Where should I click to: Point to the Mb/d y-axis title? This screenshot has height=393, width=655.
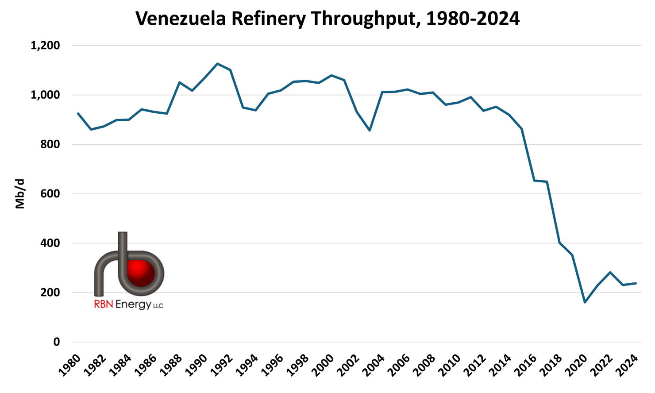tap(20, 194)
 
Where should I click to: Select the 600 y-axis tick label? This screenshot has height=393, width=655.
tap(50, 194)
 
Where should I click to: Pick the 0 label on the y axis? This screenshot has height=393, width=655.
tap(56, 342)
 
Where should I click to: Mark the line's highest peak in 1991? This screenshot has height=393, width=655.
tap(218, 64)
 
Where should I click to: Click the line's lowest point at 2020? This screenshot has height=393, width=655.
tap(585, 302)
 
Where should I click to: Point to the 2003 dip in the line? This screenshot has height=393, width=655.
tap(370, 130)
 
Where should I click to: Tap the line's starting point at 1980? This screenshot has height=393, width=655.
tap(78, 114)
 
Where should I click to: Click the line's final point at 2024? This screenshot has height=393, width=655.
tap(636, 283)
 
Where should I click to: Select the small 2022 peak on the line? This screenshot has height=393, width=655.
tap(610, 273)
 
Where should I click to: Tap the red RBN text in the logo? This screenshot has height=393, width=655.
tap(103, 304)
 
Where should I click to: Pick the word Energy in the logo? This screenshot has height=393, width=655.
tap(133, 305)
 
